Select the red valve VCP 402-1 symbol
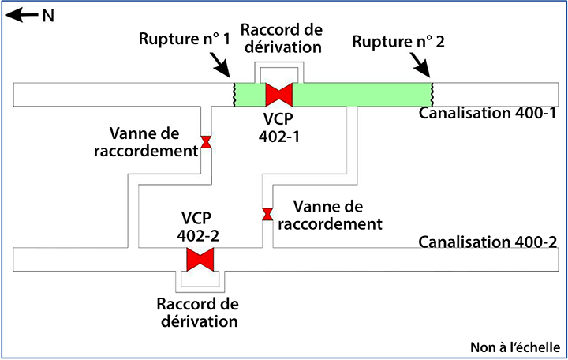(279, 95)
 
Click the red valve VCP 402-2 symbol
(200, 260)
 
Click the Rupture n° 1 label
(183, 40)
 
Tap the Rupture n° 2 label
(399, 42)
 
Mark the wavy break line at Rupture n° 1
(233, 95)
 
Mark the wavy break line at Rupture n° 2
(432, 95)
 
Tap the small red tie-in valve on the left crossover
(206, 142)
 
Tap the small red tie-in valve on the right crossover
(267, 214)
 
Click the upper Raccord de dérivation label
(282, 38)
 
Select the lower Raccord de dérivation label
(197, 313)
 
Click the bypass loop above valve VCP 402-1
(279, 67)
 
